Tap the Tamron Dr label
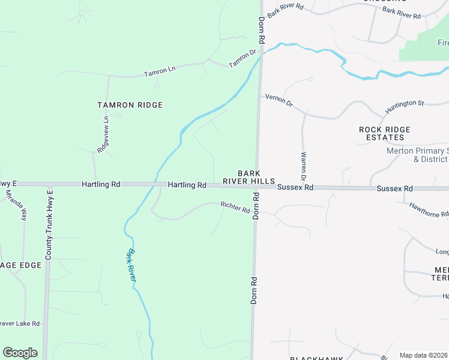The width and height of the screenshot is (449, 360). tap(243, 58)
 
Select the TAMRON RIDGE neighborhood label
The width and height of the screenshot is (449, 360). tap(130, 105)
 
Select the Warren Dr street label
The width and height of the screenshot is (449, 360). tap(303, 166)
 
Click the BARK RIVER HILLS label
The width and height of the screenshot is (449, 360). tap(249, 176)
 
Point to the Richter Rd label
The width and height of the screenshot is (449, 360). tap(235, 208)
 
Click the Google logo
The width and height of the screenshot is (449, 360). tap(20, 353)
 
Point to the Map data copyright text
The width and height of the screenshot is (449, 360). tap(424, 355)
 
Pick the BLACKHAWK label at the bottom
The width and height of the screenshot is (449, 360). tap(316, 358)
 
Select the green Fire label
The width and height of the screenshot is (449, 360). tap(442, 43)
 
